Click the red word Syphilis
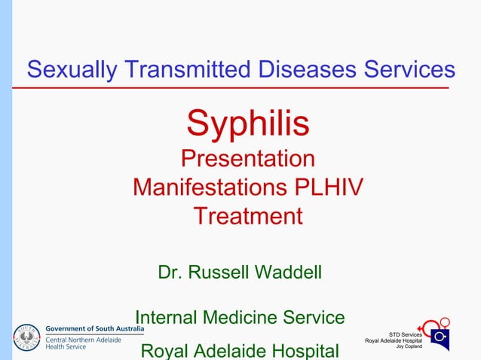click(x=248, y=124)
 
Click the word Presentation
click(x=248, y=159)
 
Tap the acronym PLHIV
click(x=326, y=187)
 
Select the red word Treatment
click(x=248, y=216)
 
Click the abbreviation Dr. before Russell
click(x=170, y=271)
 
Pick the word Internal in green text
click(x=169, y=318)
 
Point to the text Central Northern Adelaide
click(x=84, y=339)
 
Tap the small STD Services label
click(x=405, y=334)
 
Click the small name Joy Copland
click(x=409, y=346)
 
